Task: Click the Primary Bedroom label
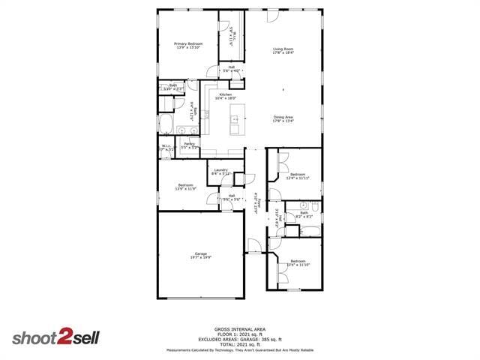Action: pos(188,44)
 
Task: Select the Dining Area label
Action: pos(283,116)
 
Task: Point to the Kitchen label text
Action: pos(225,94)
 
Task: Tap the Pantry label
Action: pos(190,143)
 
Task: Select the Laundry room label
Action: pos(220,170)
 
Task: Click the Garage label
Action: pos(200,253)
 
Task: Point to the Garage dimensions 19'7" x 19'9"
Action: pos(200,258)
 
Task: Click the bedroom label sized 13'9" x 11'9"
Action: pos(186,185)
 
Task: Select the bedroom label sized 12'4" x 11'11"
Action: pos(298,173)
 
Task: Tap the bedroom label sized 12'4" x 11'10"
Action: pos(298,261)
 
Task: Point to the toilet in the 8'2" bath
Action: pos(304,205)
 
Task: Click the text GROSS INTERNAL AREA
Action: pos(240,329)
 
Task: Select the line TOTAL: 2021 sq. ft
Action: pos(240,343)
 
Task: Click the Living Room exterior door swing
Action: pos(273,16)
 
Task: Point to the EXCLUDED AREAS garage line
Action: pos(240,339)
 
